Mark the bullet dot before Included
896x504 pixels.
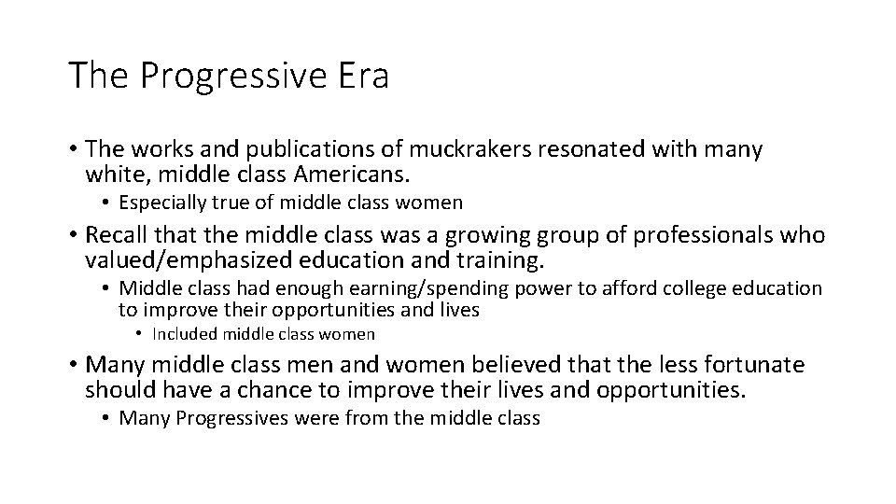(138, 333)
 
